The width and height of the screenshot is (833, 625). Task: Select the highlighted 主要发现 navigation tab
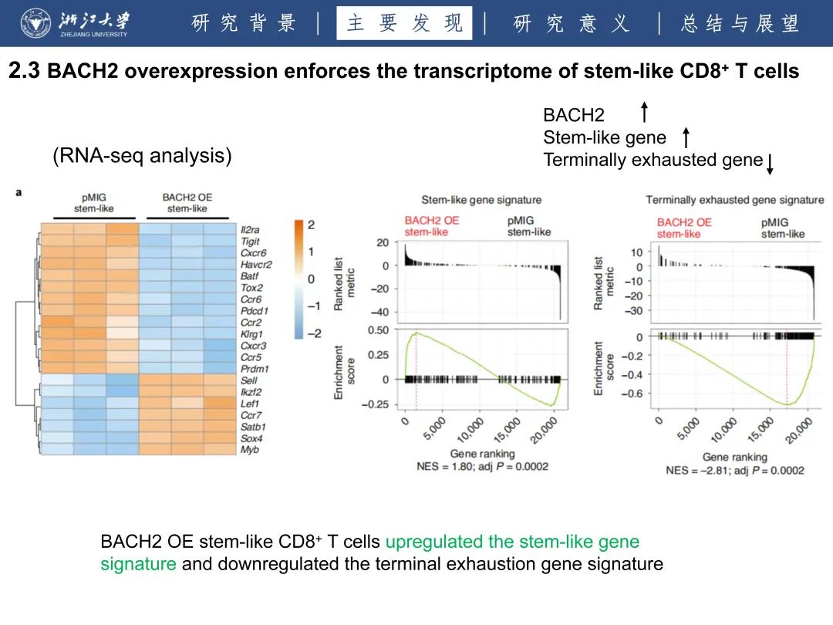(x=404, y=23)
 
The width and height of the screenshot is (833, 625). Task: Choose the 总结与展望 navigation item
(x=740, y=23)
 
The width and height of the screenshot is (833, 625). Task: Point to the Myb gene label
(x=249, y=450)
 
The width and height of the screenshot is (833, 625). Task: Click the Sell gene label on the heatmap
(x=248, y=380)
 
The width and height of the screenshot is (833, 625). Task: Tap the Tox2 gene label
(x=251, y=288)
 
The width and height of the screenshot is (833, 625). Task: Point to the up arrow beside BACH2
(x=644, y=113)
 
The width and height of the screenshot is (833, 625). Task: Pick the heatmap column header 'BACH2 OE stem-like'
(x=187, y=203)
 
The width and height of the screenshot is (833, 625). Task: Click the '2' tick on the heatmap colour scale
(x=311, y=225)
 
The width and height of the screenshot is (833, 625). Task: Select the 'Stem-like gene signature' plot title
(x=481, y=200)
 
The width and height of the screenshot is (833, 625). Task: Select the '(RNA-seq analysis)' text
(x=142, y=156)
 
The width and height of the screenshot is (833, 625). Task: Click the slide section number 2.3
(x=23, y=72)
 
